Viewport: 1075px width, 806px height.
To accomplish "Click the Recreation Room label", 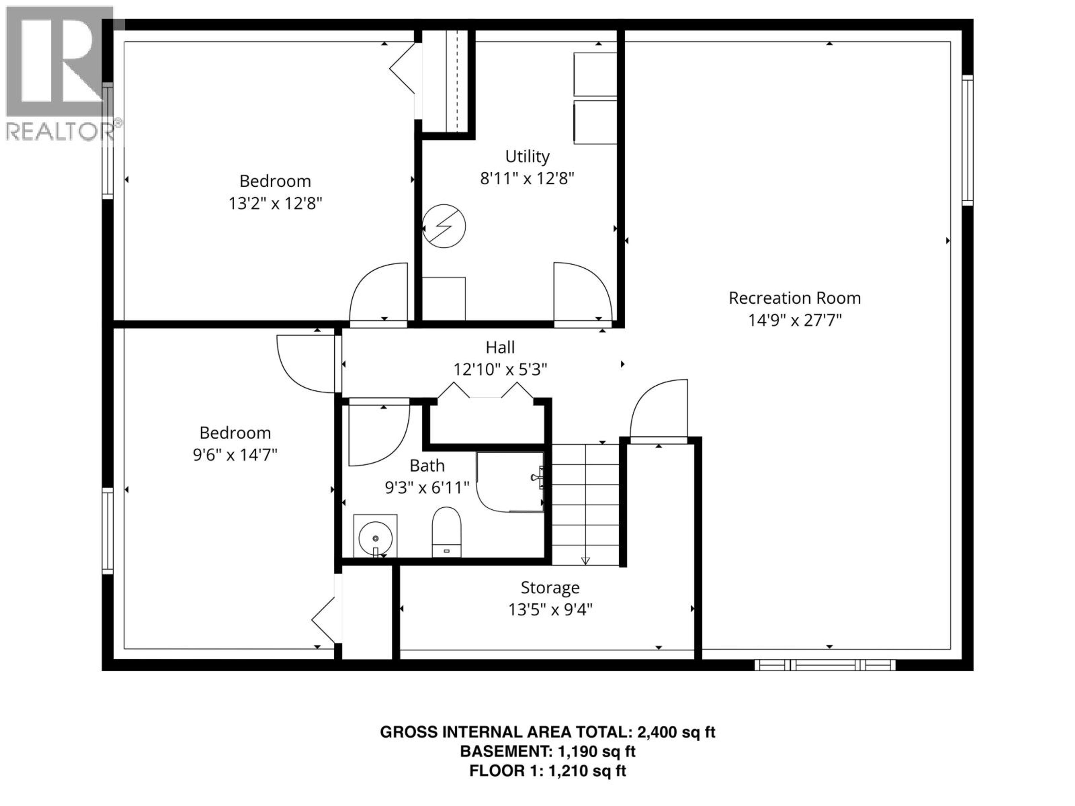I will coord(794,298).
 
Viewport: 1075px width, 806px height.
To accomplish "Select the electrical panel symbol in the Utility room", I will coord(444,226).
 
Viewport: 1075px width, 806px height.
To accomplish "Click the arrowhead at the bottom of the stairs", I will coord(585,561).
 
